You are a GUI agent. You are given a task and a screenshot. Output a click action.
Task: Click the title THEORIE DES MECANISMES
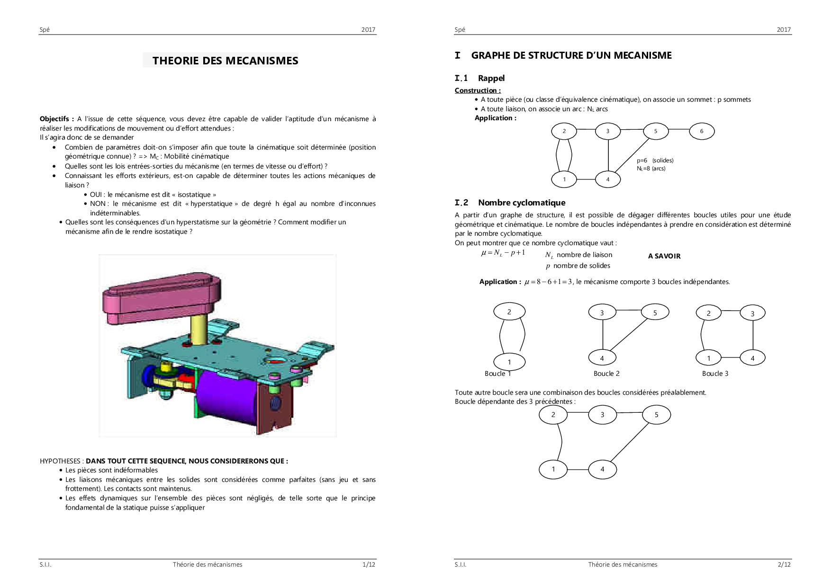(x=225, y=61)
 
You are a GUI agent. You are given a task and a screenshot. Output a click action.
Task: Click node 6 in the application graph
(x=701, y=131)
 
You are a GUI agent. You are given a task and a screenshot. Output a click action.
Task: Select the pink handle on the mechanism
(x=162, y=296)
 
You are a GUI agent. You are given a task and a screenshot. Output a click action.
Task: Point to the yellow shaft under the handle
(x=198, y=329)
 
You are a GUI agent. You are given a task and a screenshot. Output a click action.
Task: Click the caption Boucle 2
(x=606, y=374)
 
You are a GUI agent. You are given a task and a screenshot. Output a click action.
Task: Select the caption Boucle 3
(x=715, y=374)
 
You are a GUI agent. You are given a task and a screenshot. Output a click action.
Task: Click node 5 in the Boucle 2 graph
(x=655, y=312)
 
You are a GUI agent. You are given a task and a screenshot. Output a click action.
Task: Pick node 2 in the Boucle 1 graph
(x=509, y=311)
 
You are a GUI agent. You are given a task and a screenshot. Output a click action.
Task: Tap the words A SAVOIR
(x=664, y=256)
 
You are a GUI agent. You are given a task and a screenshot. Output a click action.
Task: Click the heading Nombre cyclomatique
(x=521, y=203)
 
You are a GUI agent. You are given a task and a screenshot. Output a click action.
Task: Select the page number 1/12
(x=369, y=564)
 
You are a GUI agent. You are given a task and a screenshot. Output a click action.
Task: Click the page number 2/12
(x=784, y=564)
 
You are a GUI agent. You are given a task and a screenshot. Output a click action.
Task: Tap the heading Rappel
(x=491, y=78)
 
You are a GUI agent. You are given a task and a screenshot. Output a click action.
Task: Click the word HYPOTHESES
(x=60, y=461)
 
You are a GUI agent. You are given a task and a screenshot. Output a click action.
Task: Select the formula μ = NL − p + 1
(x=503, y=253)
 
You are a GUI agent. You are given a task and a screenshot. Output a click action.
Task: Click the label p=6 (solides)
(x=655, y=160)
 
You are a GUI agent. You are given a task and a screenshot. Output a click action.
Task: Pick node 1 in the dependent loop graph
(x=553, y=469)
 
